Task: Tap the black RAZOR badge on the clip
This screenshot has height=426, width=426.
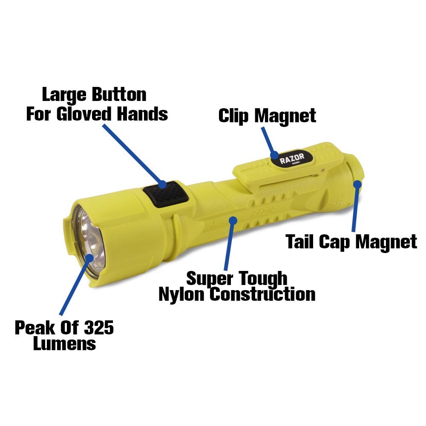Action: (292, 160)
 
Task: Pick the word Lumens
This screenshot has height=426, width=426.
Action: (64, 343)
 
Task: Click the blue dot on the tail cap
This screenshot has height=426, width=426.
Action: (357, 184)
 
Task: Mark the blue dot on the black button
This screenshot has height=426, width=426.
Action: (162, 184)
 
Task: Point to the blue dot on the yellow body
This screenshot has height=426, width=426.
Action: (232, 220)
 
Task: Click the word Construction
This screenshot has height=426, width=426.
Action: (263, 294)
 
